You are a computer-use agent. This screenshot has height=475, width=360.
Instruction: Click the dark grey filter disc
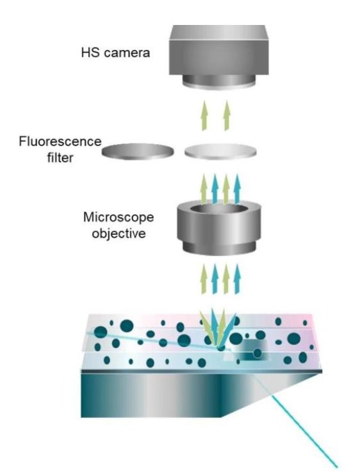pyautogui.click(x=138, y=152)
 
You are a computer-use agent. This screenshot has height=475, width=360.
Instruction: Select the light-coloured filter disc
pyautogui.click(x=222, y=152)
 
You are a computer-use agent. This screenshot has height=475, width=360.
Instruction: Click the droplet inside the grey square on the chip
pyautogui.click(x=256, y=353)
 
